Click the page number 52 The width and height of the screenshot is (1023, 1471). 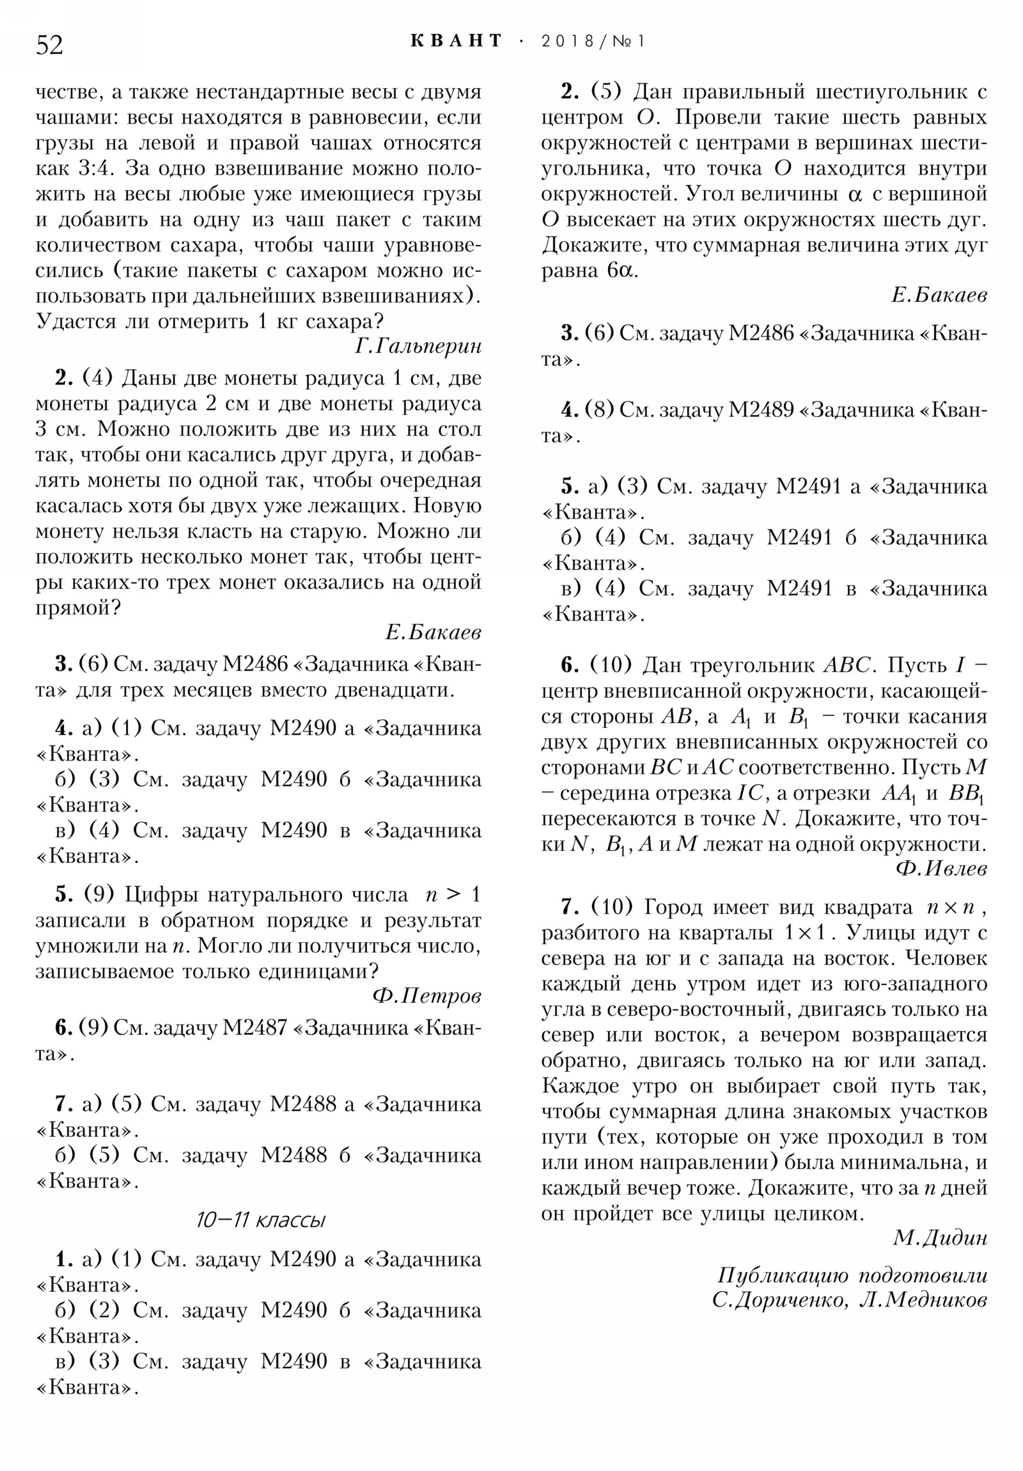[49, 45]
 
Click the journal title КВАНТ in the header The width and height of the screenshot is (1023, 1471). [456, 41]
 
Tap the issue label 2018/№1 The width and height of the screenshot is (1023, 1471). [593, 42]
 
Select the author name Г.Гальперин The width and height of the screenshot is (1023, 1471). [418, 347]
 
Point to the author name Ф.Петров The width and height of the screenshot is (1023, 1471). [426, 996]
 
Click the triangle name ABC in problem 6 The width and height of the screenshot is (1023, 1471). [847, 665]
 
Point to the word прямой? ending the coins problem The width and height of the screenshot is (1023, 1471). [77, 608]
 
